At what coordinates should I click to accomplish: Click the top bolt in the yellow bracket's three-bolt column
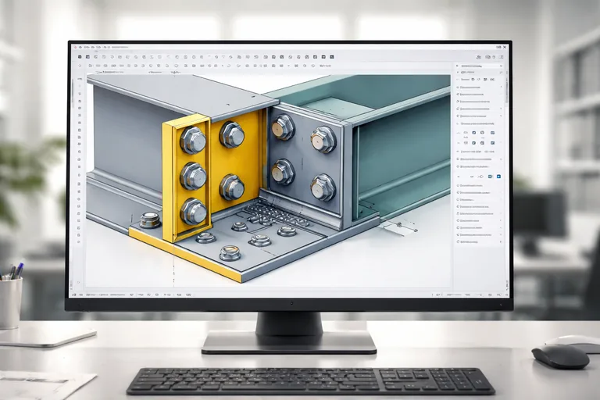[192, 140]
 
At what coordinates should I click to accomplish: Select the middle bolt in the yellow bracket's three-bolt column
[192, 176]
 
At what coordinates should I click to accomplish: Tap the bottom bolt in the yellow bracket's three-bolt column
[193, 211]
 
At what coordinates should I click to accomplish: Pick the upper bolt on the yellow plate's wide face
[232, 135]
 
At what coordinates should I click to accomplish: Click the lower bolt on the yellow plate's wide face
[232, 187]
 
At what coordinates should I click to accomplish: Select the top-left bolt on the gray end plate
[282, 127]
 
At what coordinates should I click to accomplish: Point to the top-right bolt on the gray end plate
[323, 139]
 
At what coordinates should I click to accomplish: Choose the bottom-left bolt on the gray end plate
[283, 171]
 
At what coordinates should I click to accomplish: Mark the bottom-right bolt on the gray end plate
[323, 187]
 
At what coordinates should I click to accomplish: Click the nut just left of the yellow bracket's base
[150, 220]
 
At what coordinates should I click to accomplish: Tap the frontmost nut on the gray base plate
[230, 252]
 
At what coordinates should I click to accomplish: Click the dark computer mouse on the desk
[560, 356]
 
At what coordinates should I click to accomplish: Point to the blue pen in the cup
[18, 270]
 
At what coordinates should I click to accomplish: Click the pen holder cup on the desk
[11, 302]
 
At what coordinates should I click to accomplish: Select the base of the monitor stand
[288, 342]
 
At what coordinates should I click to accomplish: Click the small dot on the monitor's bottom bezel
[289, 302]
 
